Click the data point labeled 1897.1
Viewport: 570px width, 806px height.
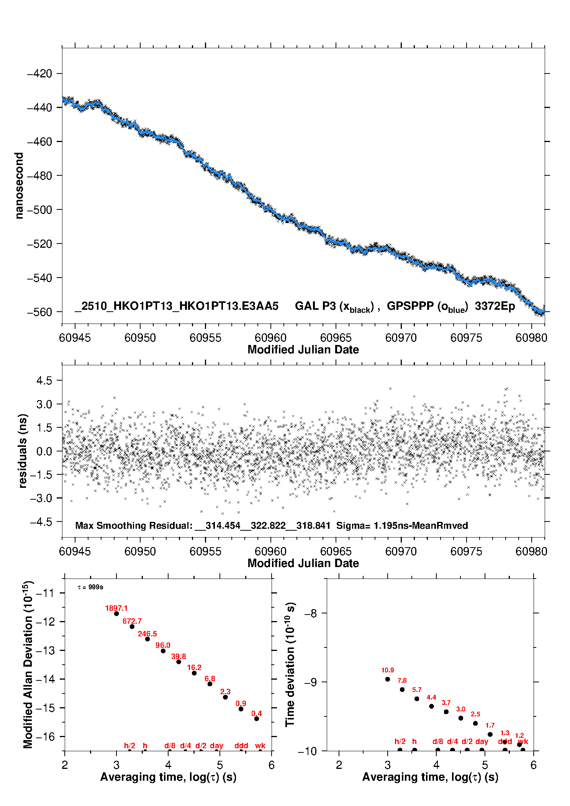(x=116, y=613)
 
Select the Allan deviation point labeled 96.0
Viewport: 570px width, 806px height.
(x=163, y=651)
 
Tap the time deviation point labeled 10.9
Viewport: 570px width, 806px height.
(x=388, y=679)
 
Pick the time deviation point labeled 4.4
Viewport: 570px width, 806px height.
(x=432, y=706)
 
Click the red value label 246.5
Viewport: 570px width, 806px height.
(x=147, y=634)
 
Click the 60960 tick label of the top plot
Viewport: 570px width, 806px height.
(x=270, y=338)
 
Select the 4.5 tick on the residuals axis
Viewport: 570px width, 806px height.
(x=44, y=381)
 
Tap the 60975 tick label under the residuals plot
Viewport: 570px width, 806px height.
(x=466, y=551)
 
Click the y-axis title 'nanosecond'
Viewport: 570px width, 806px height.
(x=19, y=186)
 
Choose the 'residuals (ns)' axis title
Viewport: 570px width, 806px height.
(x=23, y=451)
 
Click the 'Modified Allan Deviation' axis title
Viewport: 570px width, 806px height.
(x=28, y=664)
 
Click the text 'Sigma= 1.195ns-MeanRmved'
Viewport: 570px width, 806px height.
(x=402, y=526)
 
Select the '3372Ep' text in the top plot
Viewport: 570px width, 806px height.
(x=495, y=306)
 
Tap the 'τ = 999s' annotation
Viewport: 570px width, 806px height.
(x=90, y=587)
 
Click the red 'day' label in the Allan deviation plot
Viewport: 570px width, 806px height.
(x=216, y=746)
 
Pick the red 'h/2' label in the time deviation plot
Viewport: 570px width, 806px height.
(x=400, y=742)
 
